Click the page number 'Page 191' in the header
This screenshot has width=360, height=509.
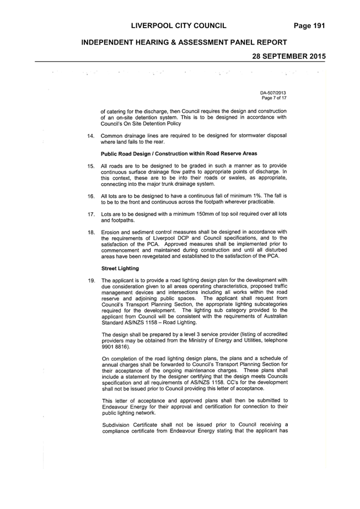pos(309,26)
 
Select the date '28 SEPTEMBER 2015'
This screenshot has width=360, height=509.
pos(289,56)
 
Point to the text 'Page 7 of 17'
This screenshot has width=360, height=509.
pos(275,98)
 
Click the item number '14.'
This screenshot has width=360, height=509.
pos(91,136)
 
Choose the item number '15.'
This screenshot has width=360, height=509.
pos(91,166)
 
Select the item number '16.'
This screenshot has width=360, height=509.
pos(91,196)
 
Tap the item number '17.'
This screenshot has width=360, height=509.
pos(91,215)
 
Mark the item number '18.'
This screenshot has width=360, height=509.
pos(91,232)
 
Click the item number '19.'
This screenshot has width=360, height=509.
pos(91,281)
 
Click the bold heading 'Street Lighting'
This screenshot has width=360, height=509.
pos(120,269)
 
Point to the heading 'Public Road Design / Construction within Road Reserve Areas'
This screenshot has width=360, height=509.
pos(179,153)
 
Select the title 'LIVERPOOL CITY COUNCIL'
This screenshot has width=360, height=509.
pos(179,26)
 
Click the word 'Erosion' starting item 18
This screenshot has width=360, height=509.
pos(110,232)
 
